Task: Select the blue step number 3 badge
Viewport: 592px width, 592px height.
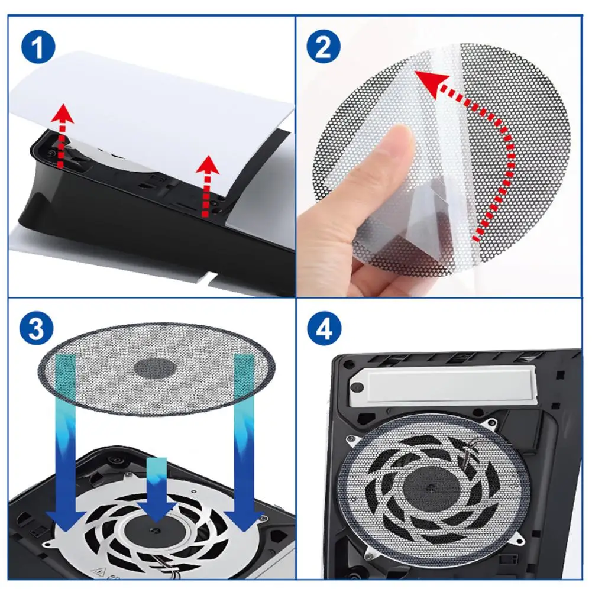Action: coord(38,329)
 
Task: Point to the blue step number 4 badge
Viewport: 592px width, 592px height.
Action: coord(324,329)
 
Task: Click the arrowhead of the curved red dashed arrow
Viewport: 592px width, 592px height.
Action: coord(427,83)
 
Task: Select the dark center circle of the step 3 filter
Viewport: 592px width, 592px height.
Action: coord(155,368)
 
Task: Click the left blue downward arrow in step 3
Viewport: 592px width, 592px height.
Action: coord(64,449)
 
